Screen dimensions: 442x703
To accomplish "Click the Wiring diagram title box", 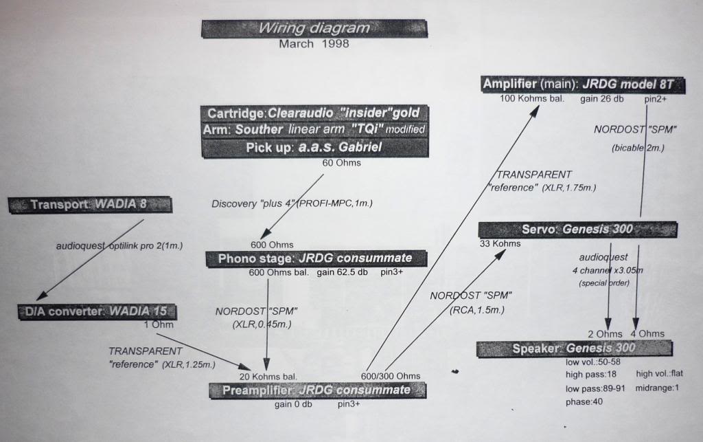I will point(314,29).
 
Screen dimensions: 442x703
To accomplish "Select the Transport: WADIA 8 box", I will point(89,204).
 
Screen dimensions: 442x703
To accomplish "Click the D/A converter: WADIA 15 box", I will point(96,311).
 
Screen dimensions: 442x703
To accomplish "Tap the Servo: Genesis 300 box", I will point(578,230).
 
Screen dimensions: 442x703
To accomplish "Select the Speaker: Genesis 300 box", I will point(574,349).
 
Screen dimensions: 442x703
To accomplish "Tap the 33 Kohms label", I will point(500,243).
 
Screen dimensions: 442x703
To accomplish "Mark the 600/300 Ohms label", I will point(391,376).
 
